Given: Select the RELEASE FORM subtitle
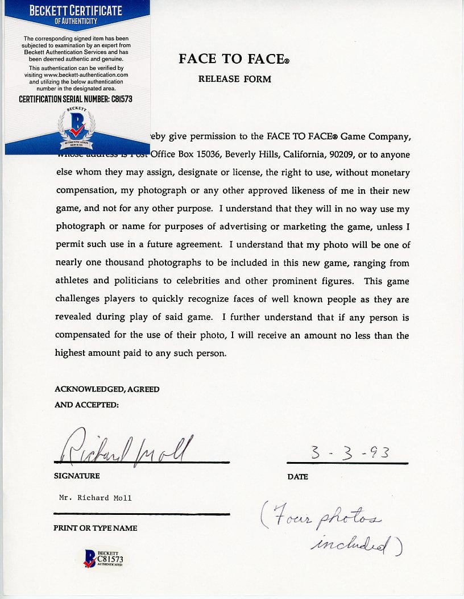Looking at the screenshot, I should tap(234, 79).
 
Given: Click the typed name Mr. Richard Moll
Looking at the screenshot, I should tap(95, 498).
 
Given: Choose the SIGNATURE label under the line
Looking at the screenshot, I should tap(76, 476).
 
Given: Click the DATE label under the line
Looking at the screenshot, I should tap(297, 477).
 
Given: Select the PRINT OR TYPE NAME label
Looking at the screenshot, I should tap(95, 528).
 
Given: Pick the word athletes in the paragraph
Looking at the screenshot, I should tap(72, 281).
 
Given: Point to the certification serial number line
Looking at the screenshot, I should tap(76, 99).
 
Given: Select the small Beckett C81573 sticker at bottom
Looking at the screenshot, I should tap(103, 558).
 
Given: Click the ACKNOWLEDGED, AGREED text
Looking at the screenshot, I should tap(107, 389).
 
